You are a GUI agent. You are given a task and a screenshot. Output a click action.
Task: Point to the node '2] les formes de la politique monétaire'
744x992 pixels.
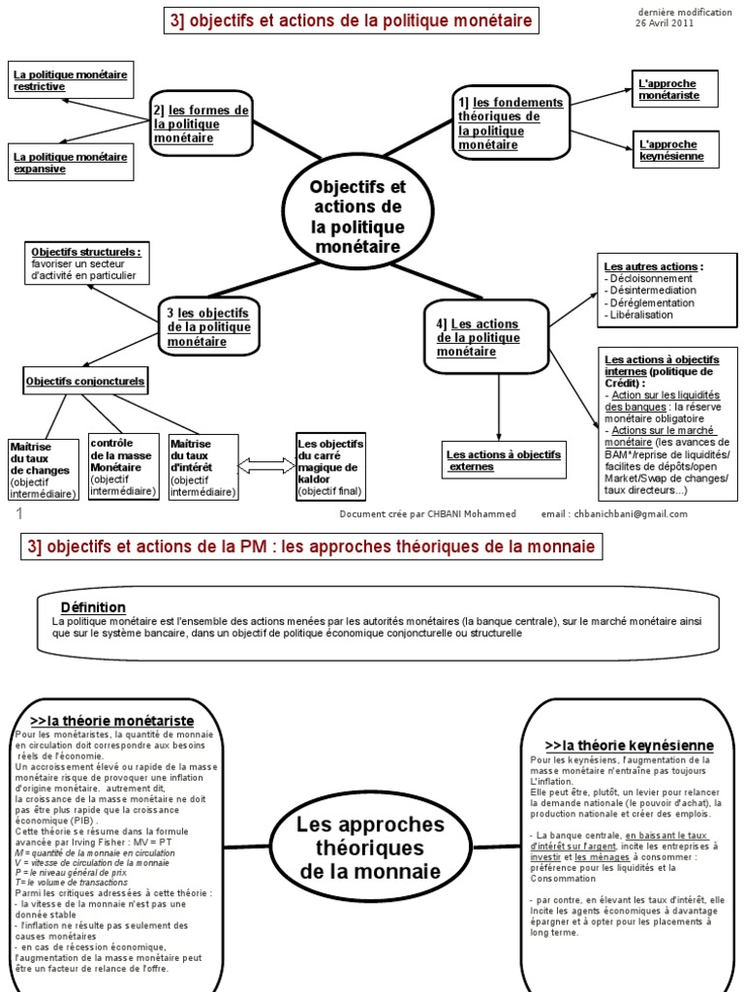[x=201, y=124]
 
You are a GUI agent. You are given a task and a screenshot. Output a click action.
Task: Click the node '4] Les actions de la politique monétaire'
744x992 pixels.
[x=484, y=338]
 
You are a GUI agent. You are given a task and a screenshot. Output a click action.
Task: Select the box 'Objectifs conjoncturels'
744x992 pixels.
[x=85, y=382]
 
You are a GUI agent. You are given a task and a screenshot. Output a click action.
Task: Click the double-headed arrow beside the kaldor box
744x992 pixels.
[x=264, y=466]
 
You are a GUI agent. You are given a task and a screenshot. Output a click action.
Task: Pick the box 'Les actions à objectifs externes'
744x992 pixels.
[x=504, y=460]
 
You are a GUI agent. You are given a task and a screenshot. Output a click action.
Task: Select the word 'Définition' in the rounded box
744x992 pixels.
[x=93, y=606]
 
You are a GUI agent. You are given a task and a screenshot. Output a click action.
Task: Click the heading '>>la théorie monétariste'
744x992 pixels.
[x=112, y=721]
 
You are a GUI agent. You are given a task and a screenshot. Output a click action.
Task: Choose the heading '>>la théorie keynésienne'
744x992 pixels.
[x=629, y=745]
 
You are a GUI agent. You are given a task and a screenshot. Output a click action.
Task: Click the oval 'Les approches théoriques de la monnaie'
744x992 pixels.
[x=371, y=848]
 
